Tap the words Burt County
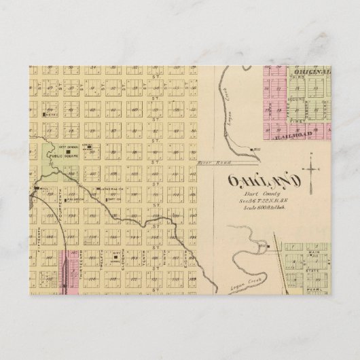pyautogui.click(x=252, y=194)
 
